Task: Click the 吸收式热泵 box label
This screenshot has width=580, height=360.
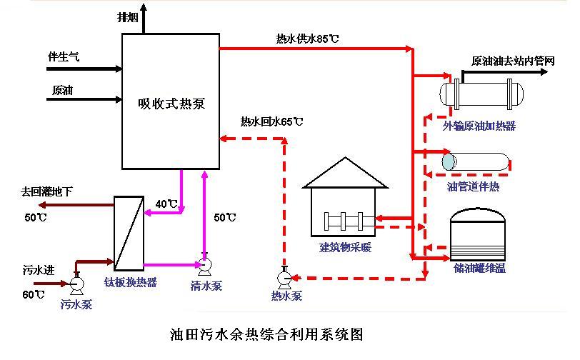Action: (171, 104)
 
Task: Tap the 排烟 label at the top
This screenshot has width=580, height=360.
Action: (128, 16)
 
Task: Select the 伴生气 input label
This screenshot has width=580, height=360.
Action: (63, 56)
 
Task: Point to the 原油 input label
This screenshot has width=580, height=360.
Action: (61, 91)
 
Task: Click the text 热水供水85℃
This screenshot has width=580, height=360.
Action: (307, 38)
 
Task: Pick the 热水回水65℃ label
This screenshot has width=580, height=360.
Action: (271, 121)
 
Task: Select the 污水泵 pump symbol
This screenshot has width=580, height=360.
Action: (76, 283)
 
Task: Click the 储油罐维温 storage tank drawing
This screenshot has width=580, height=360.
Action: (478, 235)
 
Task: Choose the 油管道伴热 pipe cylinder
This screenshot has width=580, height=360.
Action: (475, 161)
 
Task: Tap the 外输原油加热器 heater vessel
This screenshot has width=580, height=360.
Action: (481, 94)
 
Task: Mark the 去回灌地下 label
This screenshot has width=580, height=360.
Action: (47, 191)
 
